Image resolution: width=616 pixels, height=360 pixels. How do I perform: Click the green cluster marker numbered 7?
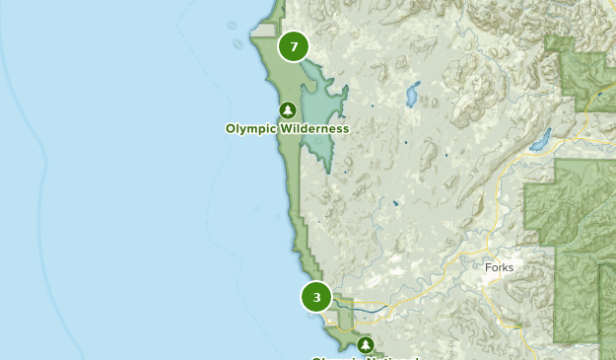(293, 46)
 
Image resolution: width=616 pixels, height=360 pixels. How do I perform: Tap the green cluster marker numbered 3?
(316, 296)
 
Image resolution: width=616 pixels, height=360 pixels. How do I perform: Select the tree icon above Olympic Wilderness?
(287, 109)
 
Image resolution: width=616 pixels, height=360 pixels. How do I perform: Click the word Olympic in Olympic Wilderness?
(249, 128)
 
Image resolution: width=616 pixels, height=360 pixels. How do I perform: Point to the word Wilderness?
(312, 128)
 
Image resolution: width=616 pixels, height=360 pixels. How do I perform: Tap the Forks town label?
(499, 267)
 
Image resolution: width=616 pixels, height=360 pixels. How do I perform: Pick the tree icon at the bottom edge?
(366, 344)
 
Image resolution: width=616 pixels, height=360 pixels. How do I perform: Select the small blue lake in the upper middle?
(410, 96)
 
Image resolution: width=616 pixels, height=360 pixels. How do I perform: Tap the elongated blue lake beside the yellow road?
(540, 139)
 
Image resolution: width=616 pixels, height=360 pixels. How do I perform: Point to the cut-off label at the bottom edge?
(366, 357)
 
